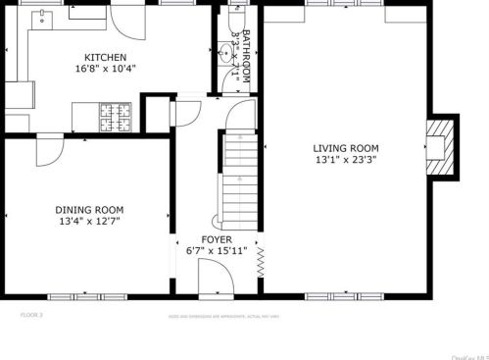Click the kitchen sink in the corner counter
click(42, 18)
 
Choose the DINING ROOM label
click(89, 209)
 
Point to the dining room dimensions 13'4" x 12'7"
click(89, 222)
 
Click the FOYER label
click(217, 239)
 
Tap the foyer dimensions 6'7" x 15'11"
click(217, 251)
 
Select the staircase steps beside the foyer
click(239, 177)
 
